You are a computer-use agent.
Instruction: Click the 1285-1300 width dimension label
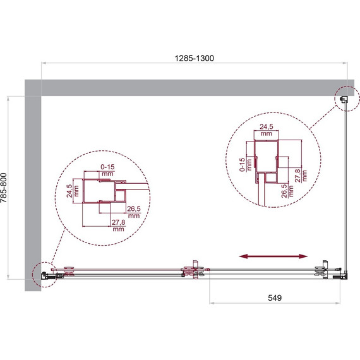click(195, 58)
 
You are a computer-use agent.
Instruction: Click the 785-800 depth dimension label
click(4, 188)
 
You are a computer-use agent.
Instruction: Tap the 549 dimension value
click(275, 297)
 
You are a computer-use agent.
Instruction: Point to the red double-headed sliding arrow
click(273, 256)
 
